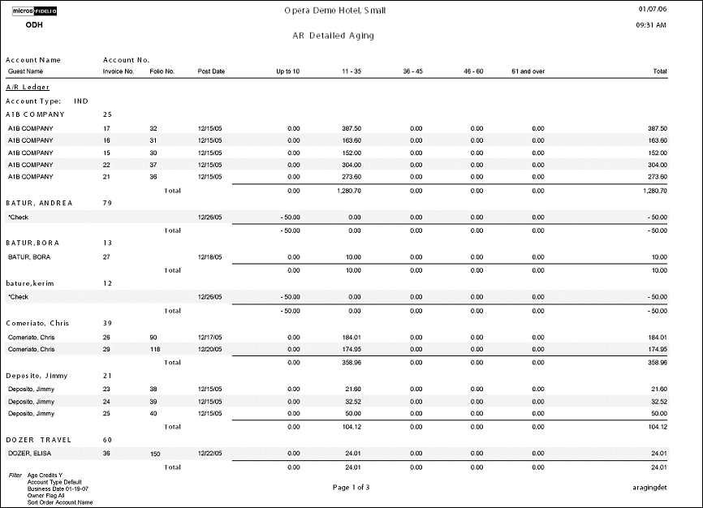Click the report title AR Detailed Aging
[334, 37]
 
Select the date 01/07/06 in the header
[653, 10]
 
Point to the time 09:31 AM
[652, 25]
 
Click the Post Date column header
[211, 71]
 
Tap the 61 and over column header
[528, 71]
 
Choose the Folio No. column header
[162, 71]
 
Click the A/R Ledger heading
[28, 87]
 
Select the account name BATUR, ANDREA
[39, 203]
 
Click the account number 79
[107, 203]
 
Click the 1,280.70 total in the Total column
[650, 191]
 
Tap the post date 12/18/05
[209, 257]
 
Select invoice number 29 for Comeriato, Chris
[106, 349]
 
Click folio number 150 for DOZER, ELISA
[155, 454]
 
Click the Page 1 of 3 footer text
[351, 488]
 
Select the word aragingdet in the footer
[649, 488]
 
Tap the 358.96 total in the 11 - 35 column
[350, 363]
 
